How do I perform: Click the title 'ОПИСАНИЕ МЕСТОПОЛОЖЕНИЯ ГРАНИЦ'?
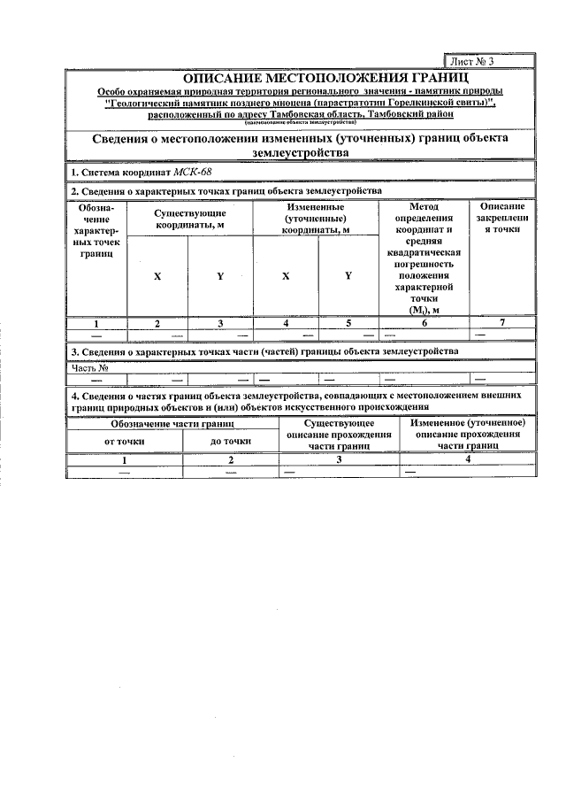click(300, 79)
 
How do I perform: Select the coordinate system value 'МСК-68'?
click(192, 172)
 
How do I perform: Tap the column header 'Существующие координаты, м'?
click(190, 220)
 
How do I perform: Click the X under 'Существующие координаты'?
click(157, 276)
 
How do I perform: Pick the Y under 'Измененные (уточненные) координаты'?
click(348, 276)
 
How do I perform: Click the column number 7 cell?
click(501, 323)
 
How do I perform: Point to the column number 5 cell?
click(348, 323)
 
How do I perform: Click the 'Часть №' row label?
click(89, 367)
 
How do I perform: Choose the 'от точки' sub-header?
click(124, 440)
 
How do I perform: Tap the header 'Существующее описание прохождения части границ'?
click(338, 435)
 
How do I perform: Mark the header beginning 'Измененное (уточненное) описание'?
click(469, 435)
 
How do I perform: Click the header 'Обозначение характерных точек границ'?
click(96, 229)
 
